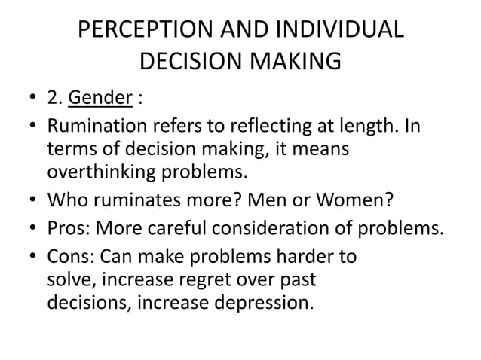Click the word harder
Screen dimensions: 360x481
[x=304, y=256]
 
